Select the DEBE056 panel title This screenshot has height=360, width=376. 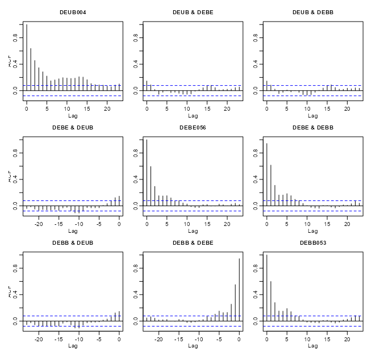point(193,127)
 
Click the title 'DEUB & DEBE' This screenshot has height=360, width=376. point(193,12)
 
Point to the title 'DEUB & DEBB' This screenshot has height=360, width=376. point(312,12)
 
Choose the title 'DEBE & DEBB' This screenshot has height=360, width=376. point(312,127)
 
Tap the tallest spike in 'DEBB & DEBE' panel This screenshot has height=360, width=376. point(239,290)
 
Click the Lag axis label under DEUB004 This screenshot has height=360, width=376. point(73,115)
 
